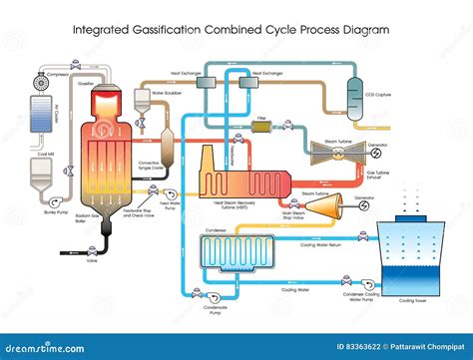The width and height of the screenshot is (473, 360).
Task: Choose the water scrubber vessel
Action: tap(142, 105)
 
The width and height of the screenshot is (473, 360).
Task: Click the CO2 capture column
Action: tap(355, 96)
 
